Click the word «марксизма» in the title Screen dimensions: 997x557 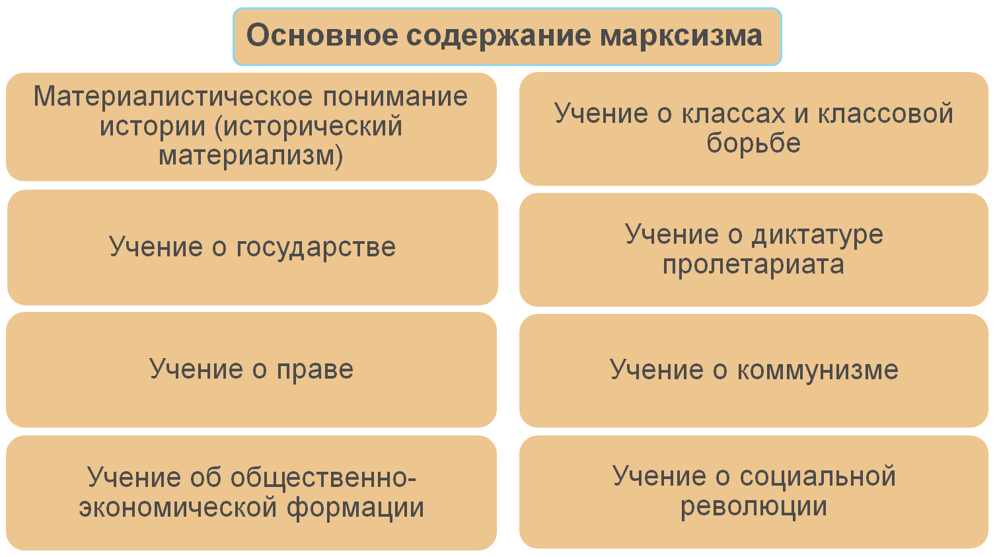681,36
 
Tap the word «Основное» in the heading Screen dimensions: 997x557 322,35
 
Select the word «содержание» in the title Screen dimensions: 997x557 499,36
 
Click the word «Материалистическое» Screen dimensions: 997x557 173,96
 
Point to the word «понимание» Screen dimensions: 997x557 395,98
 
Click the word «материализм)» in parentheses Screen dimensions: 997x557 250,157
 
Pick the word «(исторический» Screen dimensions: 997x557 309,127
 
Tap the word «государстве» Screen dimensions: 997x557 316,248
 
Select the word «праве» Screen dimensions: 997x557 315,371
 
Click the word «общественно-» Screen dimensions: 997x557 323,477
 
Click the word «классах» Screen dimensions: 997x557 733,114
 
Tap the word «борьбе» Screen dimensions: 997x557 754,143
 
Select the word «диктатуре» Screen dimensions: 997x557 817,235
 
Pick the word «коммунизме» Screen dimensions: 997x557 818,371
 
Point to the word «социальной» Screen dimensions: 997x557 818,477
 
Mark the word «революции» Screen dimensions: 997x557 754,507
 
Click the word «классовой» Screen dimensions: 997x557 885,114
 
